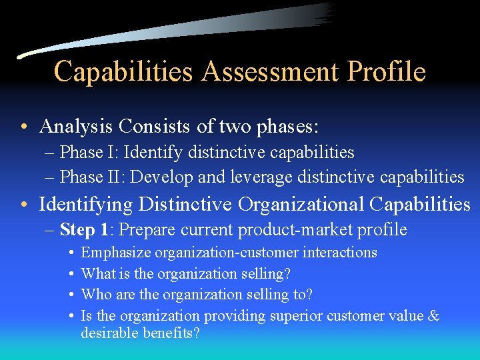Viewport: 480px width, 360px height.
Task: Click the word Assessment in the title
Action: pyautogui.click(x=271, y=71)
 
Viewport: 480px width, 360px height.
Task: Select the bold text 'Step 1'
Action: pyautogui.click(x=84, y=230)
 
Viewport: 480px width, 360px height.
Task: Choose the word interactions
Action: pyautogui.click(x=340, y=253)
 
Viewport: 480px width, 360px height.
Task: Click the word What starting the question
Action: pyautogui.click(x=97, y=273)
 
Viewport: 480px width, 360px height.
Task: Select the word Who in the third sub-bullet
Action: pyautogui.click(x=95, y=295)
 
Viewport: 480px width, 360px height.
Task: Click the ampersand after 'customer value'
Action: pyautogui.click(x=433, y=316)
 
